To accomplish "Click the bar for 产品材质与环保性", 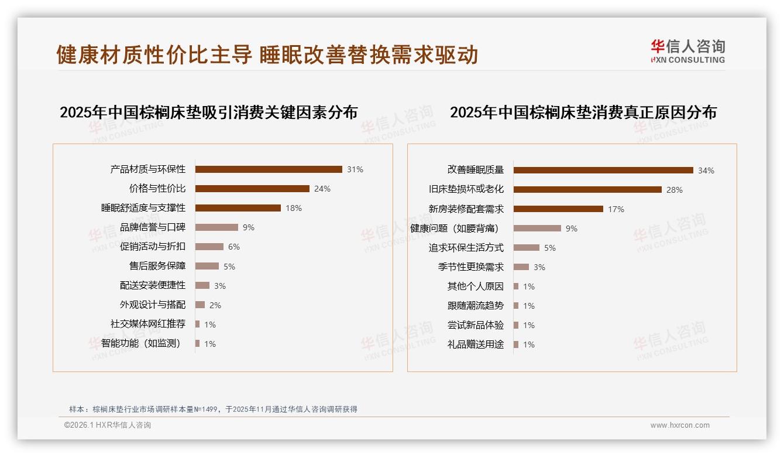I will pos(269,169).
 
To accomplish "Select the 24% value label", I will pos(322,189).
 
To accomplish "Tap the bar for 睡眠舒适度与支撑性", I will pos(238,208).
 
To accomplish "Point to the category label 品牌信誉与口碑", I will pos(152,227).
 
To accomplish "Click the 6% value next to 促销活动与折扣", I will pos(234,247).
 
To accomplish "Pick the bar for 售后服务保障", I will pos(207,266).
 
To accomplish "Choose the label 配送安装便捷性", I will pos(152,285).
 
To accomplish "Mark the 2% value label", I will pos(215,305).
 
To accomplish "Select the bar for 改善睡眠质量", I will pos(603,170).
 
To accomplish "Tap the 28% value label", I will pos(674,190).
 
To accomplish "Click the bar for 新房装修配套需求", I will pos(558,209).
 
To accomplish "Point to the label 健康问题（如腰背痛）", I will pos(457,228).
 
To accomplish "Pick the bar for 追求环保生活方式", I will pos(527,248).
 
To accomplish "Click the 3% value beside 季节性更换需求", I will pos(539,267).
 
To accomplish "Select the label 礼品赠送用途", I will pos(475,345).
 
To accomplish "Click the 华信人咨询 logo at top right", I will pos(687,51).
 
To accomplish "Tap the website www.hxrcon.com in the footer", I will pos(680,425).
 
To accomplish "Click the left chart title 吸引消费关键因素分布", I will pos(208,112).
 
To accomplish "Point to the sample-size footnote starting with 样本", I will pos(213,410).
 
